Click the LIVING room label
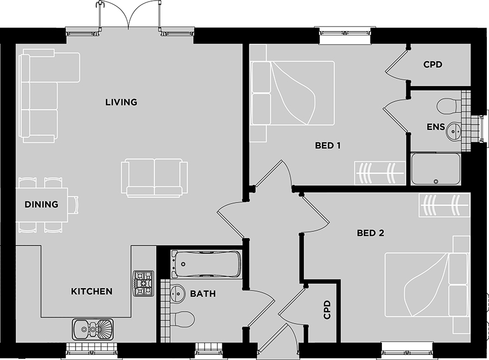point(121,102)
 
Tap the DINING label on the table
point(41,204)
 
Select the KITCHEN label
point(92,291)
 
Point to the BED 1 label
point(328,145)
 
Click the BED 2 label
point(371,233)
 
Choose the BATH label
point(203,294)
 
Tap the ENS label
point(436,127)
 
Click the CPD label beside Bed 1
point(433,65)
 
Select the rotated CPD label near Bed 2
point(327,310)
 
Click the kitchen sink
point(92,329)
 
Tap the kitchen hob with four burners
point(143,283)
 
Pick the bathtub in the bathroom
point(207,264)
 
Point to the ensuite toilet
point(449,106)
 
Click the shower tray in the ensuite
point(436,169)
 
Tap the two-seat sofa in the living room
point(154,178)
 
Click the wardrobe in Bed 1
point(380,173)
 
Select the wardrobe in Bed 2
point(444,205)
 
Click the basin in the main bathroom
point(178,293)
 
